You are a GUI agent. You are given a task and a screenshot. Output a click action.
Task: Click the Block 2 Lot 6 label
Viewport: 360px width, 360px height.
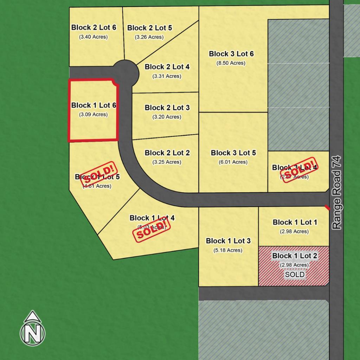(94, 27)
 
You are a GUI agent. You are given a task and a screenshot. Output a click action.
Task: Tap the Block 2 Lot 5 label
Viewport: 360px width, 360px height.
(150, 28)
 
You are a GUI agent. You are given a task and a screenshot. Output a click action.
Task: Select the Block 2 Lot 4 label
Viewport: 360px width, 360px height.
(167, 67)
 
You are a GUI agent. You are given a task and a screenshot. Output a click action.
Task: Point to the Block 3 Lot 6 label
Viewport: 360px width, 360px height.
(231, 54)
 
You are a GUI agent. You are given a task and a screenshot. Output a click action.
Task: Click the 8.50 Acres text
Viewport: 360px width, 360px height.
(231, 63)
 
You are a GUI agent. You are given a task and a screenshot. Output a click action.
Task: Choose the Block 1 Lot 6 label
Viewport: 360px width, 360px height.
(94, 105)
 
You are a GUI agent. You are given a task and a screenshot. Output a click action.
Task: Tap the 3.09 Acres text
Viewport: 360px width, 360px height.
(94, 114)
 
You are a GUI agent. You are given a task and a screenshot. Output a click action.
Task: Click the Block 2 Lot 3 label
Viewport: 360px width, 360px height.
(167, 108)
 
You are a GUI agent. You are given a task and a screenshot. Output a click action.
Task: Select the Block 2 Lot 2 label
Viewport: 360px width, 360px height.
(167, 153)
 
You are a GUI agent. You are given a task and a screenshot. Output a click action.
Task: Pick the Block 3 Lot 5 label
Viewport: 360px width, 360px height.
(233, 153)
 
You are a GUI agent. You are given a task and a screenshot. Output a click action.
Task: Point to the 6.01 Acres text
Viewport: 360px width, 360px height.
(233, 162)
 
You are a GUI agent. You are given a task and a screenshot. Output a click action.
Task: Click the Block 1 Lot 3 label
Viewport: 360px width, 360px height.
(228, 241)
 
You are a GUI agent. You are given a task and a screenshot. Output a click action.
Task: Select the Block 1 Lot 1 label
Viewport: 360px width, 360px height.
(295, 222)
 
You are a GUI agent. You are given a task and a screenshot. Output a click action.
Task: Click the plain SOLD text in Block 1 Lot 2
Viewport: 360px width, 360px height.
(295, 274)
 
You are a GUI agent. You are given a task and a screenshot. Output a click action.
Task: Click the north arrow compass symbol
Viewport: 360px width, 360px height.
(33, 328)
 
